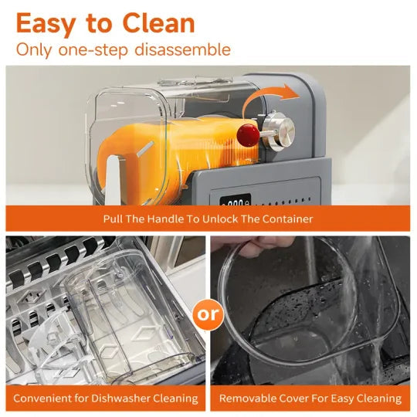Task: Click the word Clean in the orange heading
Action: pyautogui.click(x=159, y=23)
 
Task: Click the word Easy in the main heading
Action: pyautogui.click(x=46, y=25)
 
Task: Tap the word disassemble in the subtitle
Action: pyautogui.click(x=183, y=49)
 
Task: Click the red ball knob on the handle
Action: pyautogui.click(x=248, y=135)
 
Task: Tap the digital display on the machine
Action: pyautogui.click(x=236, y=200)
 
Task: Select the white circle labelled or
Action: pyautogui.click(x=208, y=314)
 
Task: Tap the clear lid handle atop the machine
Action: pyautogui.click(x=195, y=80)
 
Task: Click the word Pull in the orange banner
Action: pyautogui.click(x=113, y=219)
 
